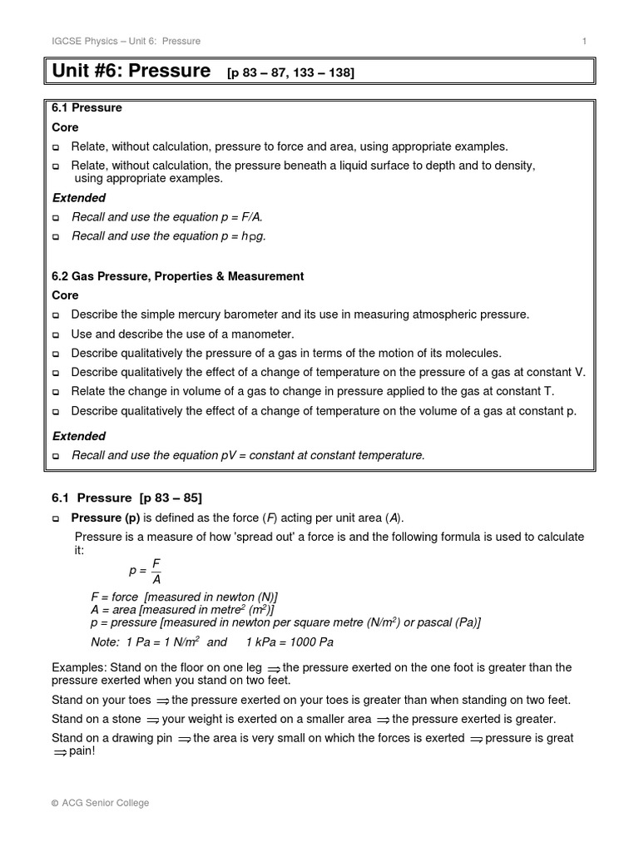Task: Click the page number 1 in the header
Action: pyautogui.click(x=585, y=41)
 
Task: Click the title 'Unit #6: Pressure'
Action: pyautogui.click(x=131, y=72)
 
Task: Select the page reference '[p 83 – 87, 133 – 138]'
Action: pyautogui.click(x=290, y=74)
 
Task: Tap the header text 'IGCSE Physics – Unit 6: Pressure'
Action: pyautogui.click(x=126, y=41)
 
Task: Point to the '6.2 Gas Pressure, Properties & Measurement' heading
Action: pyautogui.click(x=178, y=276)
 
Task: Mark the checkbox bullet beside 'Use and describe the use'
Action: pyautogui.click(x=57, y=334)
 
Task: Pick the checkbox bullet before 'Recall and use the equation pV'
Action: pyautogui.click(x=57, y=456)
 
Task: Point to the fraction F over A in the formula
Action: pyautogui.click(x=156, y=572)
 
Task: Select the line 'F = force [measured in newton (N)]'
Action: pyautogui.click(x=184, y=597)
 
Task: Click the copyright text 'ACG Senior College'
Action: pyautogui.click(x=105, y=803)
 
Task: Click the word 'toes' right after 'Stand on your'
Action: pyautogui.click(x=140, y=700)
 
